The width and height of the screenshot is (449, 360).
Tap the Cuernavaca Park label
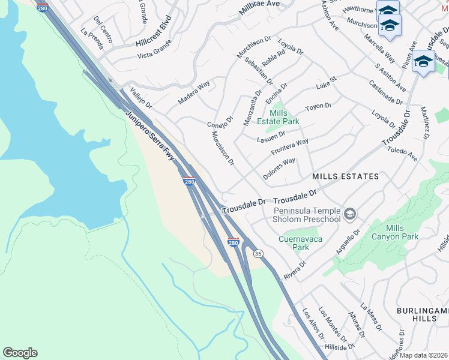tap(294, 243)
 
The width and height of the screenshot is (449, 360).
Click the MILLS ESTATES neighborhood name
tap(345, 176)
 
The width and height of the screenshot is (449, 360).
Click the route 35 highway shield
tap(258, 254)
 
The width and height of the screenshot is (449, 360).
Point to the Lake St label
tap(327, 83)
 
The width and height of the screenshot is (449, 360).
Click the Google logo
tap(20, 353)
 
